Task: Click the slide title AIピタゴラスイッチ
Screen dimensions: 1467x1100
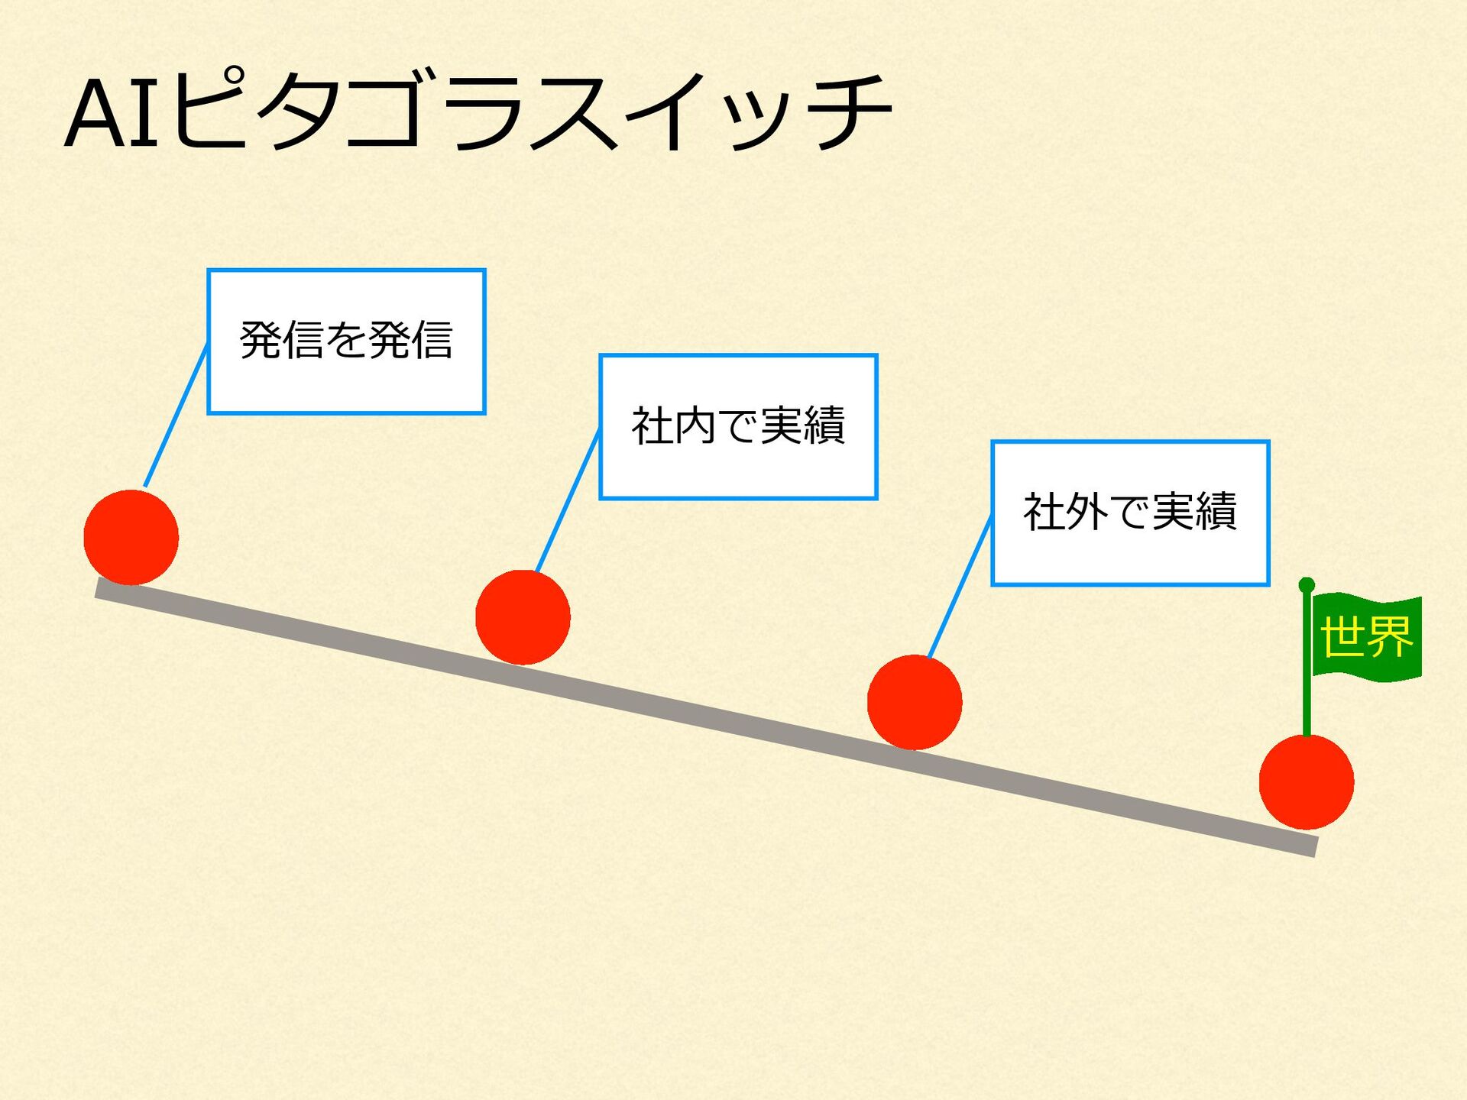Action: click(478, 113)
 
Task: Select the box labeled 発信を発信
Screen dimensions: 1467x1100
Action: click(346, 341)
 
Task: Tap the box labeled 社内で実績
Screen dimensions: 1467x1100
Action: click(738, 427)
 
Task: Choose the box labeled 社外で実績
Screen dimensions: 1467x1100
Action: click(1130, 513)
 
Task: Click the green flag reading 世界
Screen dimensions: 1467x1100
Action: click(1366, 637)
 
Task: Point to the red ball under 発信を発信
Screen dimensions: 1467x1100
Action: click(131, 538)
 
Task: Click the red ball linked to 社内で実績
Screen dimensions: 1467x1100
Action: click(523, 617)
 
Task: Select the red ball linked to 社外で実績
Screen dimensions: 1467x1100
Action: click(915, 702)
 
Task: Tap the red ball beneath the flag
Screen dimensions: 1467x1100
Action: click(1307, 782)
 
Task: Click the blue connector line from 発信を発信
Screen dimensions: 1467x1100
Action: click(176, 416)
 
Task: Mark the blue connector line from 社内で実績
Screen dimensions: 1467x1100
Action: click(568, 501)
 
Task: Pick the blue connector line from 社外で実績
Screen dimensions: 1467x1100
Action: click(960, 587)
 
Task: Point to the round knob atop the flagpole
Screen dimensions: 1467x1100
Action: click(1307, 585)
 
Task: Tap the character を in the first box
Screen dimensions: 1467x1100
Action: click(346, 340)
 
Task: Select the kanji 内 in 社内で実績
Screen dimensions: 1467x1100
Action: click(695, 426)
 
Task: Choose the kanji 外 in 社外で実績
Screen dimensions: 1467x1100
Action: click(1086, 513)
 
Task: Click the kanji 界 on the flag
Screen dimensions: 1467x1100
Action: click(1390, 636)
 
